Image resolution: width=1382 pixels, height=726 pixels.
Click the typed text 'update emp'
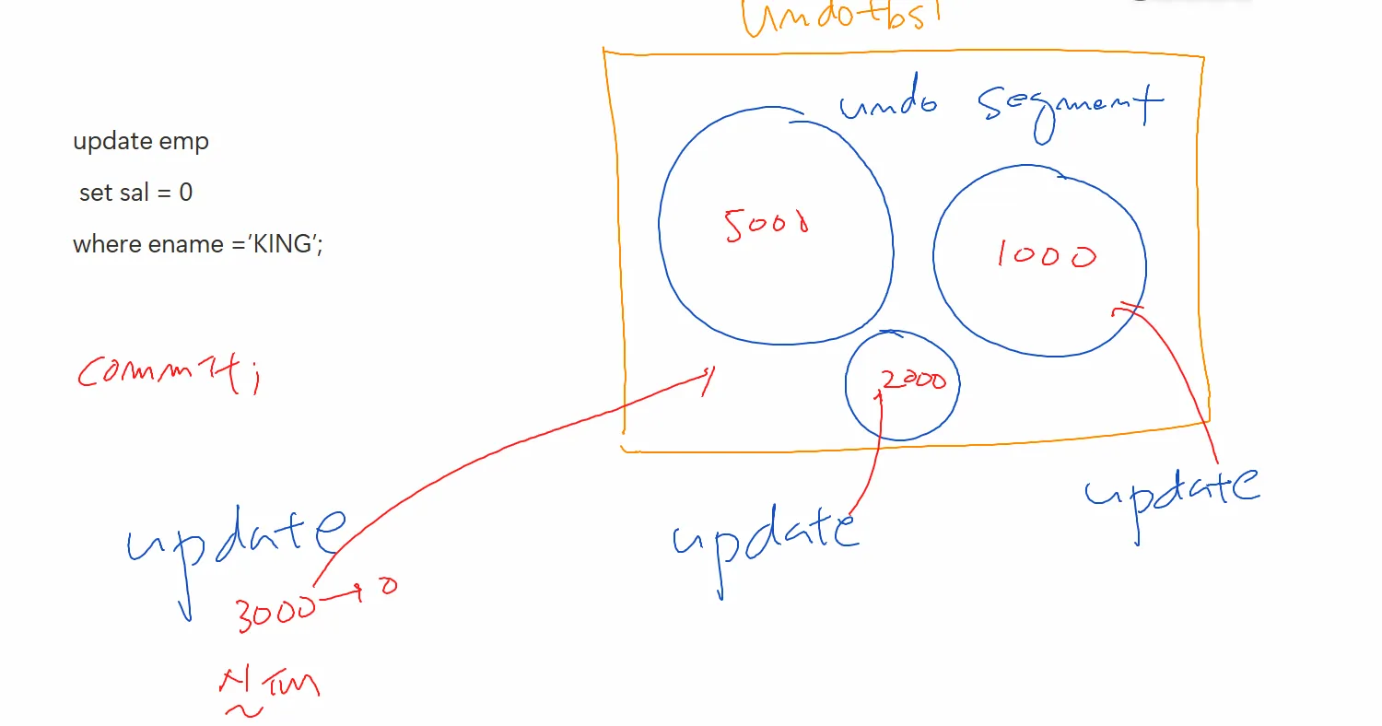click(141, 142)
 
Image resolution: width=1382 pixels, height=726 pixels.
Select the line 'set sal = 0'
click(135, 193)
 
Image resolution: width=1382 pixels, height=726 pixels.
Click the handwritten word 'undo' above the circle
click(887, 104)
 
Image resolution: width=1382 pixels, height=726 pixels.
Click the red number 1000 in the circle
click(1046, 254)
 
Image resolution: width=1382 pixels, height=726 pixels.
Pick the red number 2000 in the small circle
click(912, 379)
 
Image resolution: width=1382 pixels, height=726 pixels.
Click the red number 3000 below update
click(274, 613)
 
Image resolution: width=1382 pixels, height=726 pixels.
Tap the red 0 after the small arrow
click(389, 586)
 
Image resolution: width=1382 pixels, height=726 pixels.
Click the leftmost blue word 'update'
click(236, 539)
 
